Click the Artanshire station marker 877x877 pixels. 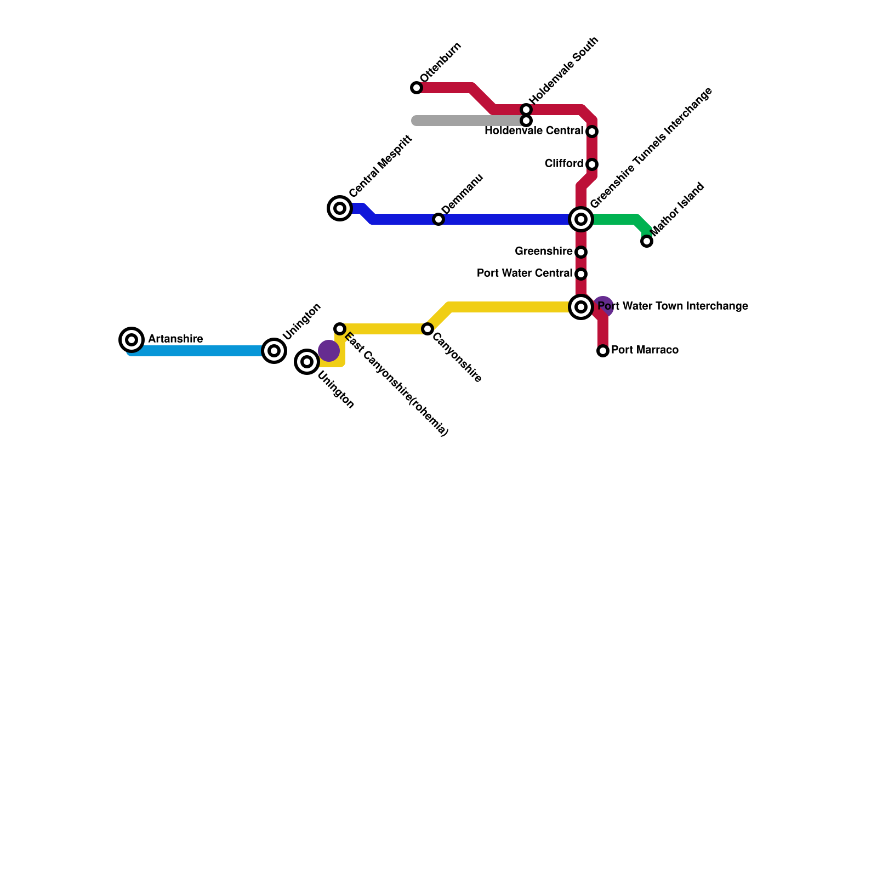tap(132, 340)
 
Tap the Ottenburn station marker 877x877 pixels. tap(417, 88)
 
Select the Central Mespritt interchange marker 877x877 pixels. tap(340, 208)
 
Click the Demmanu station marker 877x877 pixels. tap(438, 219)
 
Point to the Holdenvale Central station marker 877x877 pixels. tap(592, 132)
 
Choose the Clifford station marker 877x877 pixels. tap(592, 164)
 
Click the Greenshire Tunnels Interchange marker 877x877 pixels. tap(581, 219)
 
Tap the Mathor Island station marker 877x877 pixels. tap(647, 241)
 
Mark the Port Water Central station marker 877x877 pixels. tap(581, 274)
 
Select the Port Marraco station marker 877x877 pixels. tap(603, 351)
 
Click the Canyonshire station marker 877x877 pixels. tap(428, 329)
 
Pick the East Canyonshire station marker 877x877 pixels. tap(340, 329)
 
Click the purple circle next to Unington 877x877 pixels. tap(328, 351)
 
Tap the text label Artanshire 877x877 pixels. tap(175, 339)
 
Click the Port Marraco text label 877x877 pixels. tap(645, 350)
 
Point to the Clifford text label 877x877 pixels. tap(564, 164)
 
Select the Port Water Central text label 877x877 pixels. tap(525, 274)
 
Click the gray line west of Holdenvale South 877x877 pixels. tap(466, 121)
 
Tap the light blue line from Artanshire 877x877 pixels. tap(197, 351)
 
